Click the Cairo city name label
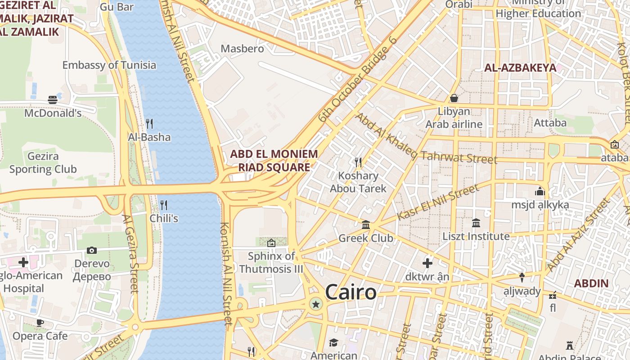tap(351, 292)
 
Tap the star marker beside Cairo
tap(316, 305)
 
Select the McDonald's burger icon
tap(53, 100)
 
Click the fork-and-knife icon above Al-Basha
tap(149, 123)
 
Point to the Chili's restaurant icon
tap(164, 205)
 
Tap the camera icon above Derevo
tap(92, 250)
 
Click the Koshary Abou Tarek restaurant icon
tap(358, 162)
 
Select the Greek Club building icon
tap(366, 225)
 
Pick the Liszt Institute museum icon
tap(476, 223)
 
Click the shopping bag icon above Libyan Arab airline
tap(454, 98)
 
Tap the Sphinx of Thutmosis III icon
tap(271, 243)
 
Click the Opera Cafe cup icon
tap(40, 322)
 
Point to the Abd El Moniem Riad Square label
tap(274, 161)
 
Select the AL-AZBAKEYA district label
tap(520, 68)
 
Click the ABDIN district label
tap(591, 283)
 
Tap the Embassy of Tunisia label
tap(109, 65)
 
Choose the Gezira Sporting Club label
tap(43, 163)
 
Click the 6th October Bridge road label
tap(357, 80)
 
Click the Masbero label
tap(242, 49)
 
